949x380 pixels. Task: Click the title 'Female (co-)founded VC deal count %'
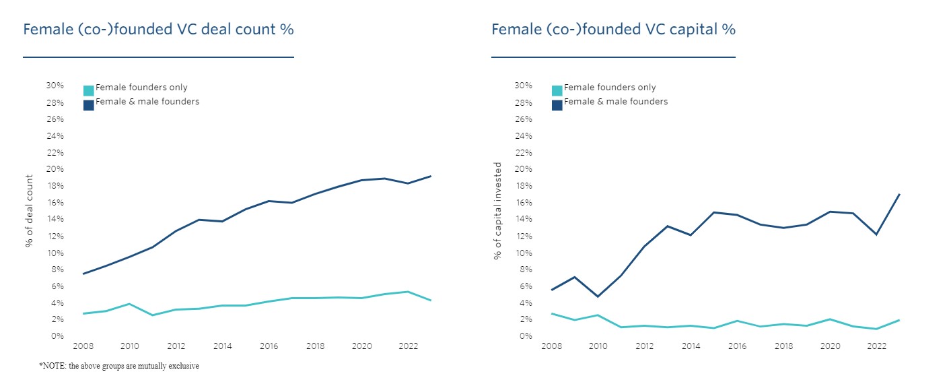pyautogui.click(x=158, y=30)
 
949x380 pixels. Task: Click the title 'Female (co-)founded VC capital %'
pyautogui.click(x=613, y=30)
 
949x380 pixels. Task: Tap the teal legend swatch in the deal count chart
pyautogui.click(x=89, y=90)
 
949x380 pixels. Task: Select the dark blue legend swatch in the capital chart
pyautogui.click(x=557, y=105)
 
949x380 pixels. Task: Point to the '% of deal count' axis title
pyautogui.click(x=29, y=211)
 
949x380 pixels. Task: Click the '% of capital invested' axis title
pyautogui.click(x=497, y=211)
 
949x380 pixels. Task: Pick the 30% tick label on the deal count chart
pyautogui.click(x=55, y=86)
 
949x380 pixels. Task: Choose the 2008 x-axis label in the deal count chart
pyautogui.click(x=83, y=346)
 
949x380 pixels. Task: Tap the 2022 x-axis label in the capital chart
pyautogui.click(x=876, y=346)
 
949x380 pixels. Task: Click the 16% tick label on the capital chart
pyautogui.click(x=523, y=203)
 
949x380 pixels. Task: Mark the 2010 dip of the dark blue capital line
pyautogui.click(x=598, y=296)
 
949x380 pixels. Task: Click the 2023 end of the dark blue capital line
pyautogui.click(x=900, y=194)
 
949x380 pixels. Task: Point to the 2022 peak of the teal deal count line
pyautogui.click(x=408, y=292)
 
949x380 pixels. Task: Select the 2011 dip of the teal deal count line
pyautogui.click(x=152, y=315)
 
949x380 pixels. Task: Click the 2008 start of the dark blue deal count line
pyautogui.click(x=83, y=274)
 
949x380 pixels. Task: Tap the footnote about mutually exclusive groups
pyautogui.click(x=119, y=366)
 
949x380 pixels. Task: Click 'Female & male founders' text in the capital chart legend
pyautogui.click(x=616, y=102)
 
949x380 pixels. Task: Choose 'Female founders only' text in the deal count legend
pyautogui.click(x=141, y=88)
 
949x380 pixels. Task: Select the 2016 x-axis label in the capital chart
pyautogui.click(x=738, y=346)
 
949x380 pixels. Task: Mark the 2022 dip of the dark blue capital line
pyautogui.click(x=876, y=234)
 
